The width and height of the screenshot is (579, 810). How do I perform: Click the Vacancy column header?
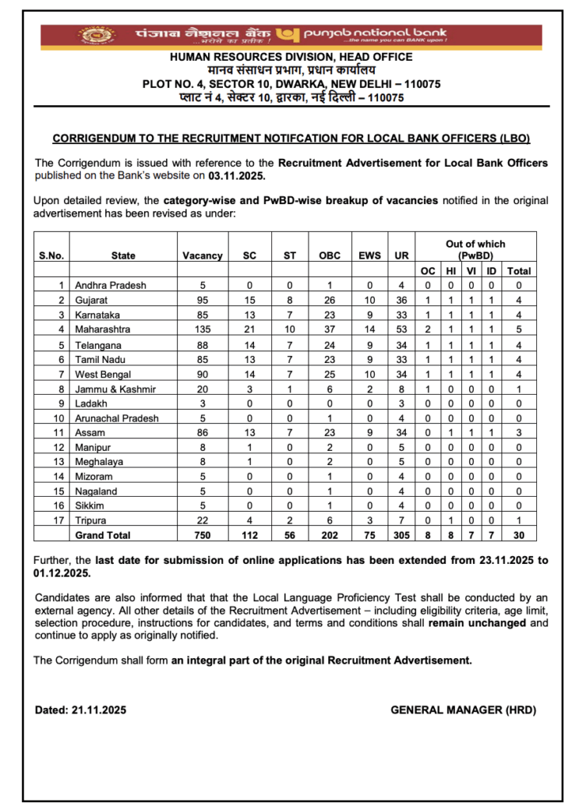click(202, 255)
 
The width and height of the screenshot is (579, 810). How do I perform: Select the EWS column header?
click(370, 255)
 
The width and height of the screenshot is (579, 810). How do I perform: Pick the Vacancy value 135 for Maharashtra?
click(202, 329)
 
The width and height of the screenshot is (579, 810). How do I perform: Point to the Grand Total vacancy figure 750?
click(202, 536)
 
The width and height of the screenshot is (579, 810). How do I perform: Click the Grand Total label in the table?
click(102, 536)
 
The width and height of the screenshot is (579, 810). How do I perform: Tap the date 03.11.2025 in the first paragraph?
click(237, 176)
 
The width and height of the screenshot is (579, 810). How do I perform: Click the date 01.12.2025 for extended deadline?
click(64, 572)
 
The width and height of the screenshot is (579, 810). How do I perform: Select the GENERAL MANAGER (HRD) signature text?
click(463, 710)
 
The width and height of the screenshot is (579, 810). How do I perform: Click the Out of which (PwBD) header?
click(475, 250)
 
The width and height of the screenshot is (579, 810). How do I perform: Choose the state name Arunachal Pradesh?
click(116, 418)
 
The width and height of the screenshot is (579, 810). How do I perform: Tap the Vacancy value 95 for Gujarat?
click(202, 300)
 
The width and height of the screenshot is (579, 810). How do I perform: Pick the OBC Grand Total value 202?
click(329, 536)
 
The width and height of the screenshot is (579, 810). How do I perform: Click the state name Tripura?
click(89, 520)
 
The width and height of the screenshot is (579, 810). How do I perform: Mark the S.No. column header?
click(51, 255)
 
